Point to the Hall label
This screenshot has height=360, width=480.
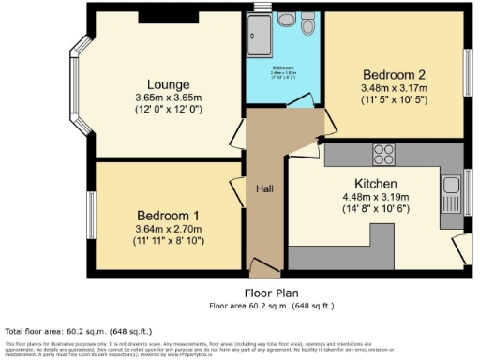pos(264,188)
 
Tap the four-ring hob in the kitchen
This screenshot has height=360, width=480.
pos(383,154)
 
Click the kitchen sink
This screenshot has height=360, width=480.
pos(449,184)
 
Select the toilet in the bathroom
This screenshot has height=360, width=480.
pos(308,21)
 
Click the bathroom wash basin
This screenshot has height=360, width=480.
pos(286,19)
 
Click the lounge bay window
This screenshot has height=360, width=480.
pos(80,84)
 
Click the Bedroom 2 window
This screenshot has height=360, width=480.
pos(468,70)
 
